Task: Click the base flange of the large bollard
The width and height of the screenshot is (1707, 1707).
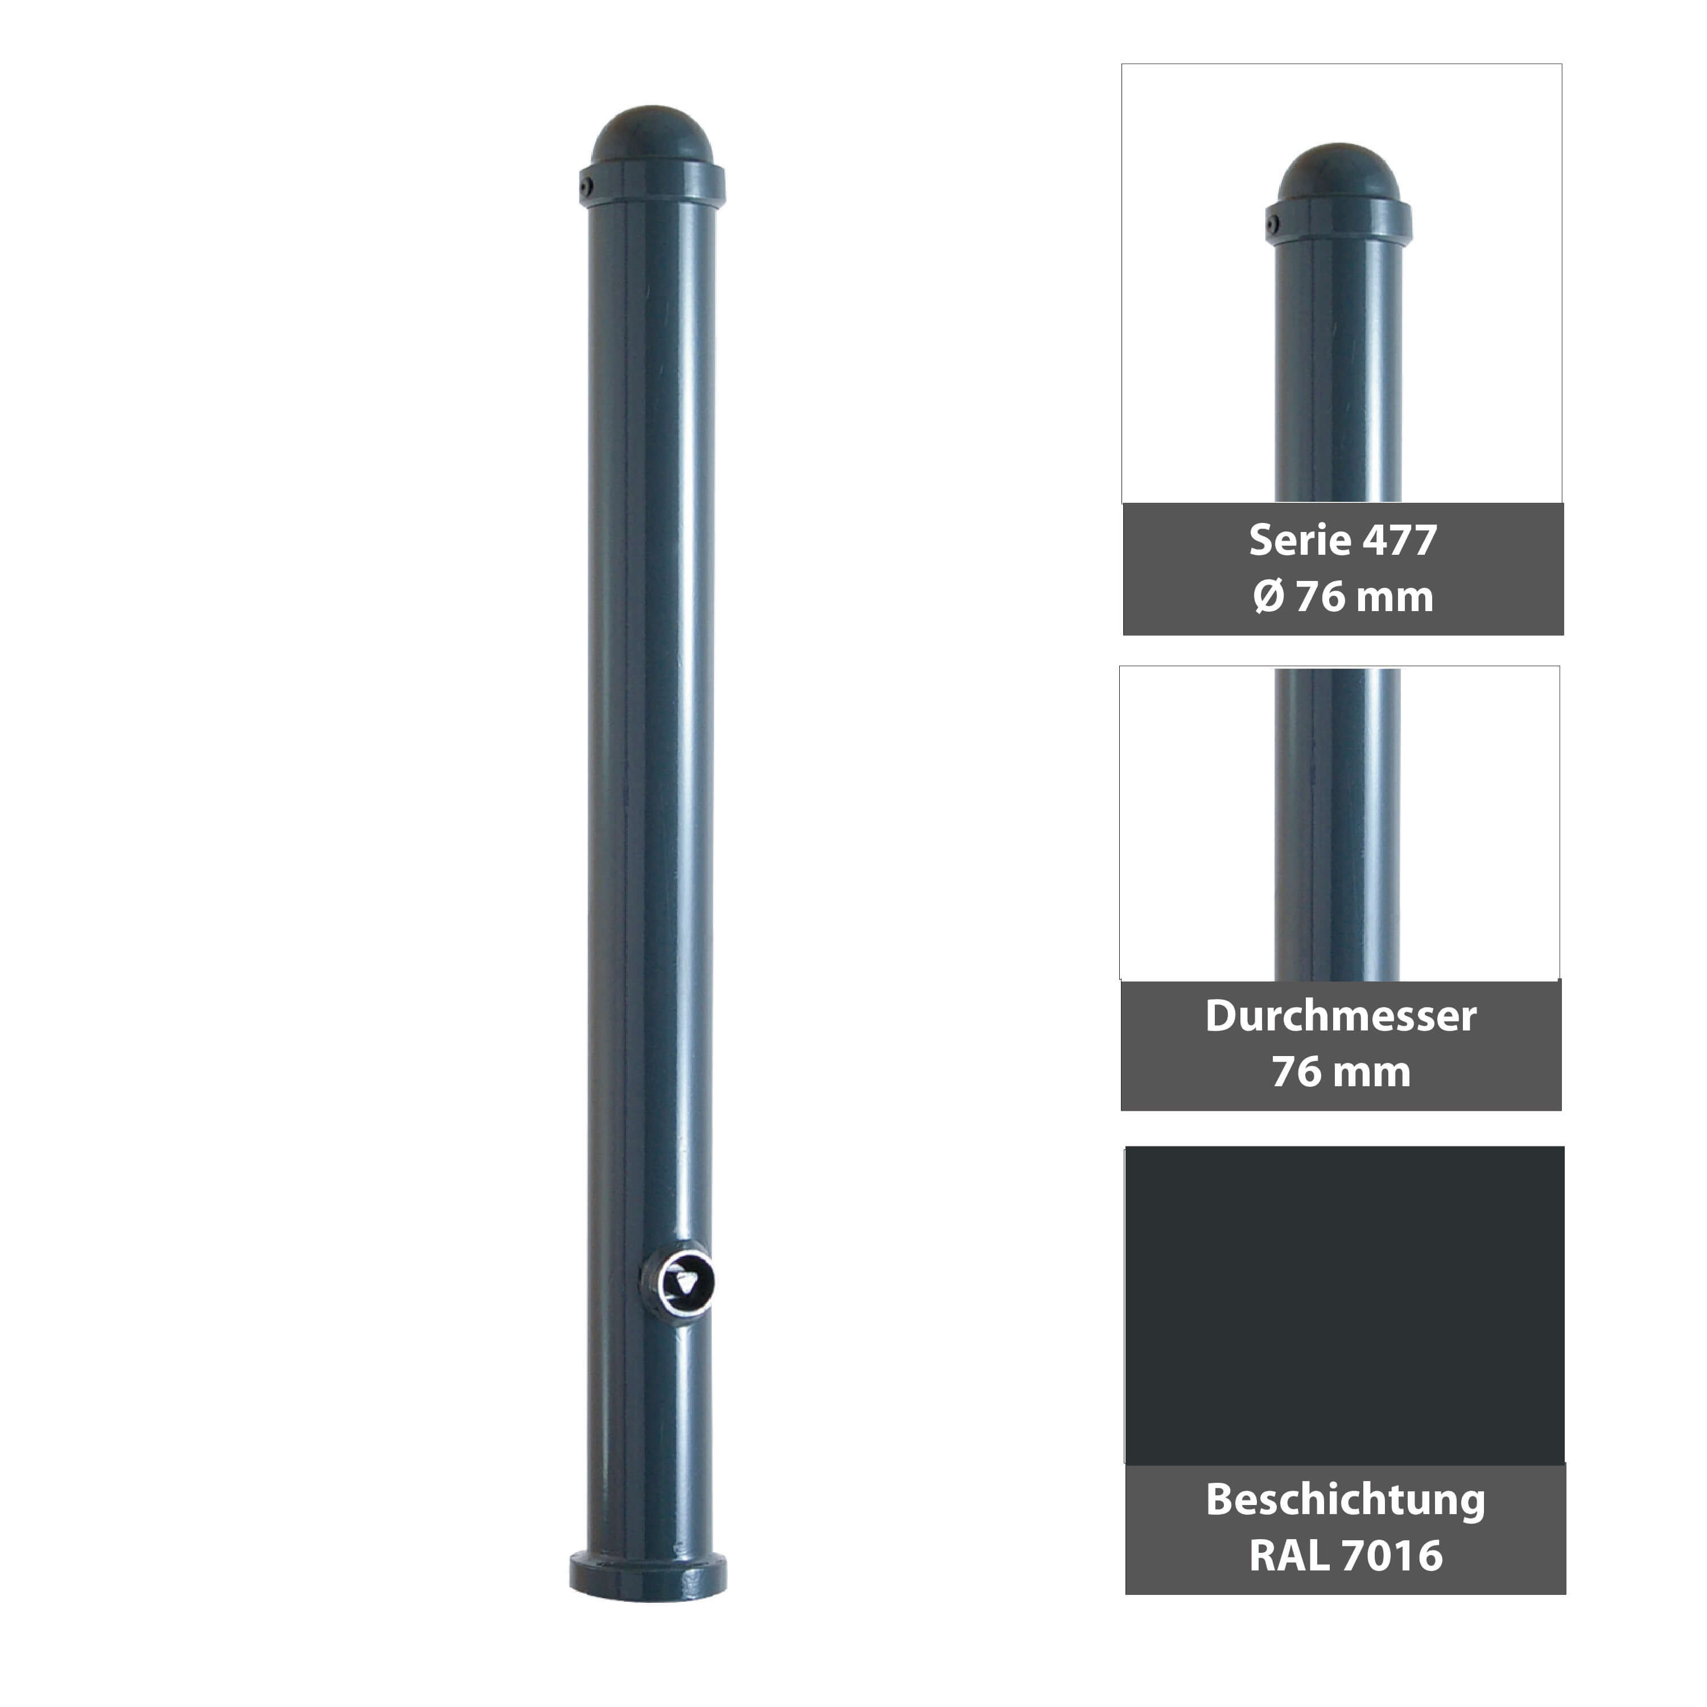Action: pyautogui.click(x=648, y=1576)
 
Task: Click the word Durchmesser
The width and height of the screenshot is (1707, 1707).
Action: pyautogui.click(x=1341, y=1016)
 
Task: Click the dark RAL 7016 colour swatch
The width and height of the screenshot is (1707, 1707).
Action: pyautogui.click(x=1344, y=1304)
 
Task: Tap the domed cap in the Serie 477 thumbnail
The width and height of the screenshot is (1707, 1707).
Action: pyautogui.click(x=1338, y=172)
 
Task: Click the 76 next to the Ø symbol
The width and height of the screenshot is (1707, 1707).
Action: pyautogui.click(x=1320, y=596)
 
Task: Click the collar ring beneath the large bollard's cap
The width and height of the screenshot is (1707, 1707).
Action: pyautogui.click(x=652, y=185)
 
